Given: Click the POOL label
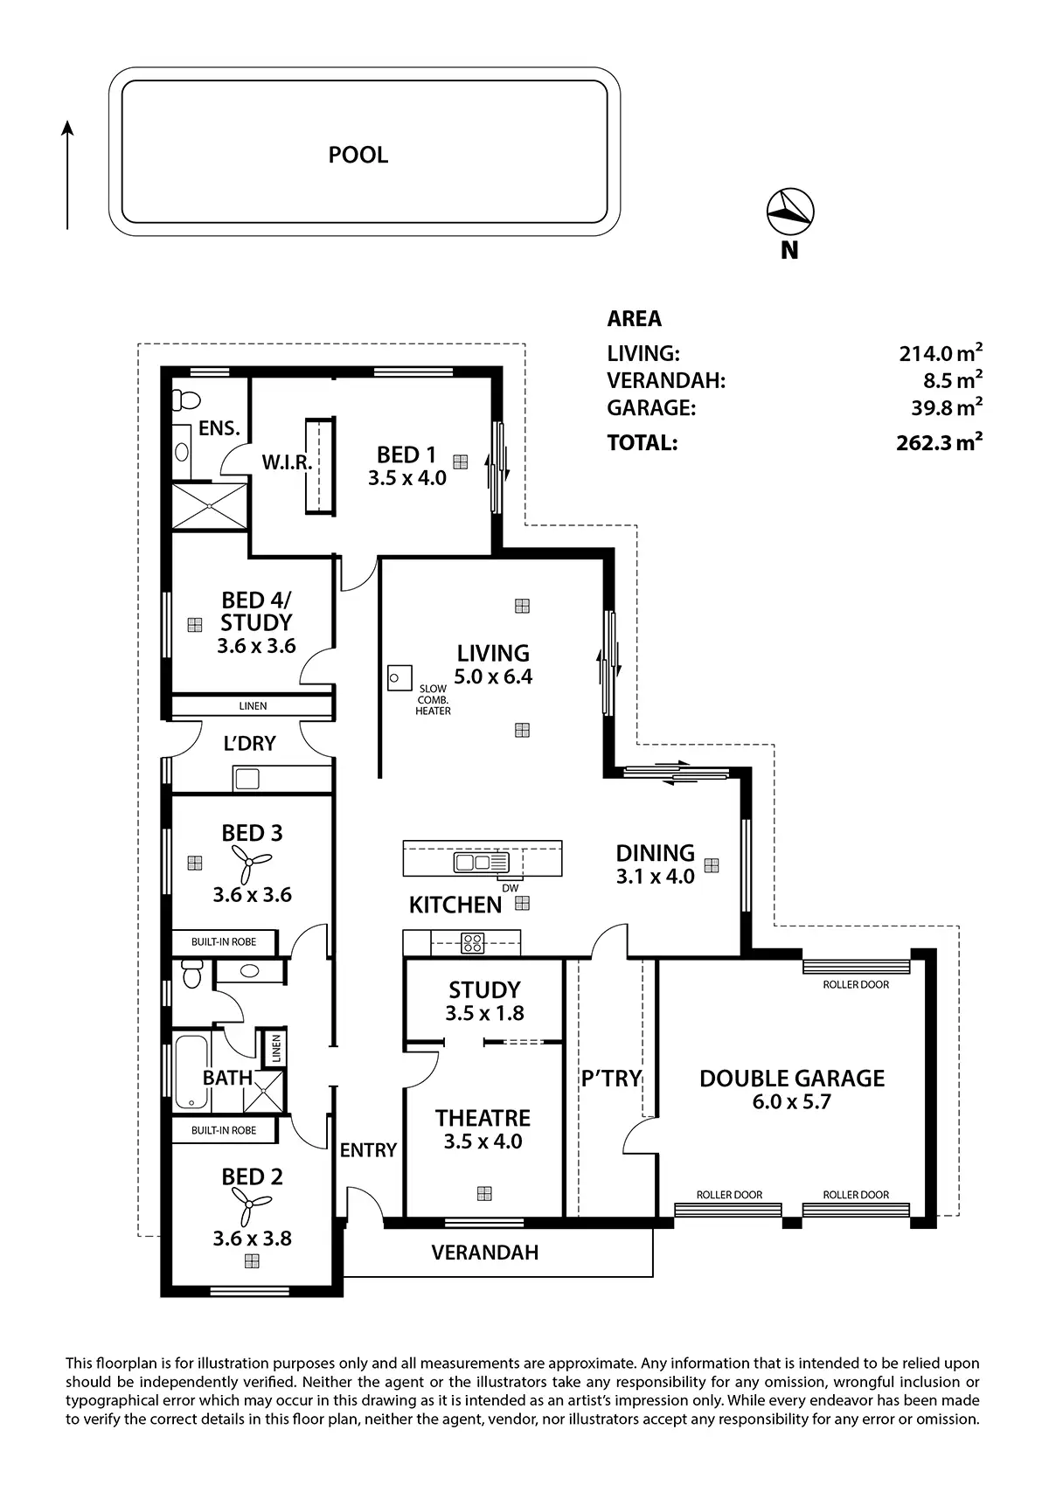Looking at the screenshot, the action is pyautogui.click(x=358, y=155).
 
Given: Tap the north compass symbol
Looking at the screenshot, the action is pyautogui.click(x=790, y=211).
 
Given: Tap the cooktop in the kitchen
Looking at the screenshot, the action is pyautogui.click(x=473, y=942).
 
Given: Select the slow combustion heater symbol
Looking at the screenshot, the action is pyautogui.click(x=399, y=677).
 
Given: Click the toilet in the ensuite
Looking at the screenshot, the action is pyautogui.click(x=185, y=399).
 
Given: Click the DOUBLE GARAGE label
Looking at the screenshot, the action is pyautogui.click(x=792, y=1079).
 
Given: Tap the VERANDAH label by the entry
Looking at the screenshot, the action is pyautogui.click(x=484, y=1253).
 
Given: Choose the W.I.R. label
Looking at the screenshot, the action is pyautogui.click(x=287, y=461).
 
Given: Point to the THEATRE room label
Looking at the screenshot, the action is pyautogui.click(x=483, y=1118).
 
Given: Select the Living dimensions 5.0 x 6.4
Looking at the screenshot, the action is pyautogui.click(x=493, y=677).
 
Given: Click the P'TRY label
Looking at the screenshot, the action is pyautogui.click(x=611, y=1079).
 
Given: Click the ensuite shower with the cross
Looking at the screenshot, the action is pyautogui.click(x=209, y=505).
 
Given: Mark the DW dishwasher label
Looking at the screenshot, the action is pyautogui.click(x=511, y=888).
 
